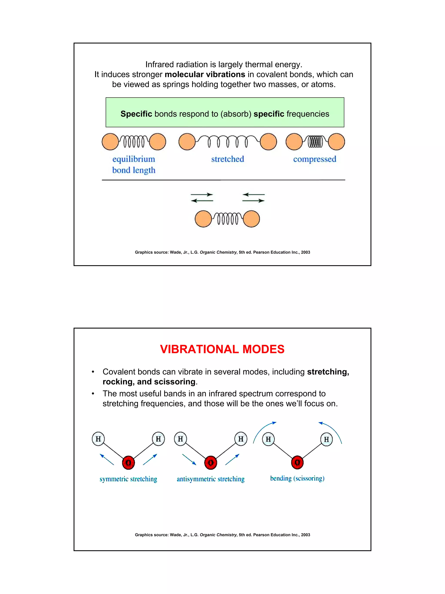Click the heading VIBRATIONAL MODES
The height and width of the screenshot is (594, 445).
(222, 349)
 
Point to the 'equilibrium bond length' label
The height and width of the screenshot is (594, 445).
(134, 164)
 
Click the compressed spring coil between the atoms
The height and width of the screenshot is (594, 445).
(315, 141)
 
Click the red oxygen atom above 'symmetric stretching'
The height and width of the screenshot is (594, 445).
(128, 463)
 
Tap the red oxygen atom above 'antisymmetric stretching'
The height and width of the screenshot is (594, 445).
(211, 463)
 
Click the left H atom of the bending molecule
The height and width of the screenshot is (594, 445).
(268, 439)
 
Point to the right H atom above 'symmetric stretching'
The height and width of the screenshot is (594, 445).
(158, 439)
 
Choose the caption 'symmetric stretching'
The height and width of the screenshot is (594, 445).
(128, 479)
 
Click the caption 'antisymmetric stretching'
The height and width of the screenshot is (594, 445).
(211, 479)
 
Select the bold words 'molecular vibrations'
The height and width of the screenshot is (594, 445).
(205, 74)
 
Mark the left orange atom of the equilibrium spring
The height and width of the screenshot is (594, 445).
(110, 141)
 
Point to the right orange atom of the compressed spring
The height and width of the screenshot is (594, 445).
(336, 141)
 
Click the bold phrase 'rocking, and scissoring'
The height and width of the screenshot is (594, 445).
(149, 382)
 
